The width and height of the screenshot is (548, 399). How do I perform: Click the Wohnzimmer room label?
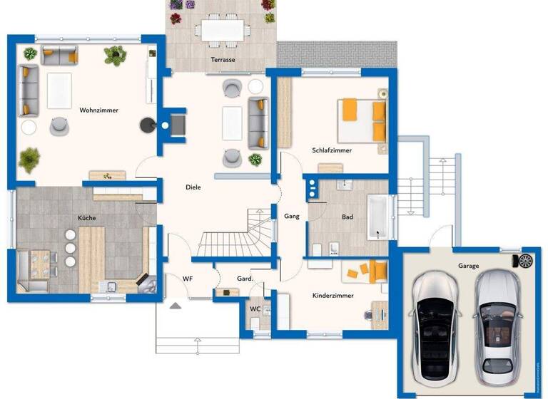pyautogui.click(x=99, y=110)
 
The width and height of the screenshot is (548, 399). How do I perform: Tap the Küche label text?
pyautogui.click(x=87, y=217)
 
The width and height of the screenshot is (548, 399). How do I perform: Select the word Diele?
pyautogui.click(x=193, y=187)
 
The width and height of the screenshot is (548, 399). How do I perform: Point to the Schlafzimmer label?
pyautogui.click(x=332, y=150)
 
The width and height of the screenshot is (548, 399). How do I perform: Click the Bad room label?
pyautogui.click(x=347, y=217)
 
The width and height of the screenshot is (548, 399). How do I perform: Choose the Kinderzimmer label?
pyautogui.click(x=333, y=295)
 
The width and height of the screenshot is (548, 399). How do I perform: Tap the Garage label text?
pyautogui.click(x=469, y=266)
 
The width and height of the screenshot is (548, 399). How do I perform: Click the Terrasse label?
pyautogui.click(x=223, y=60)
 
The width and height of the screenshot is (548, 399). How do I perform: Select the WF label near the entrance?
pyautogui.click(x=188, y=279)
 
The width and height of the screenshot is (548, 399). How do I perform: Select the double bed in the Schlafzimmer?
pyautogui.click(x=362, y=121)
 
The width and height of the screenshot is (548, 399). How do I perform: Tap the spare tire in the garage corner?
pyautogui.click(x=526, y=261)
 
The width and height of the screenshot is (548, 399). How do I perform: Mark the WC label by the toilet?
pyautogui.click(x=255, y=309)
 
